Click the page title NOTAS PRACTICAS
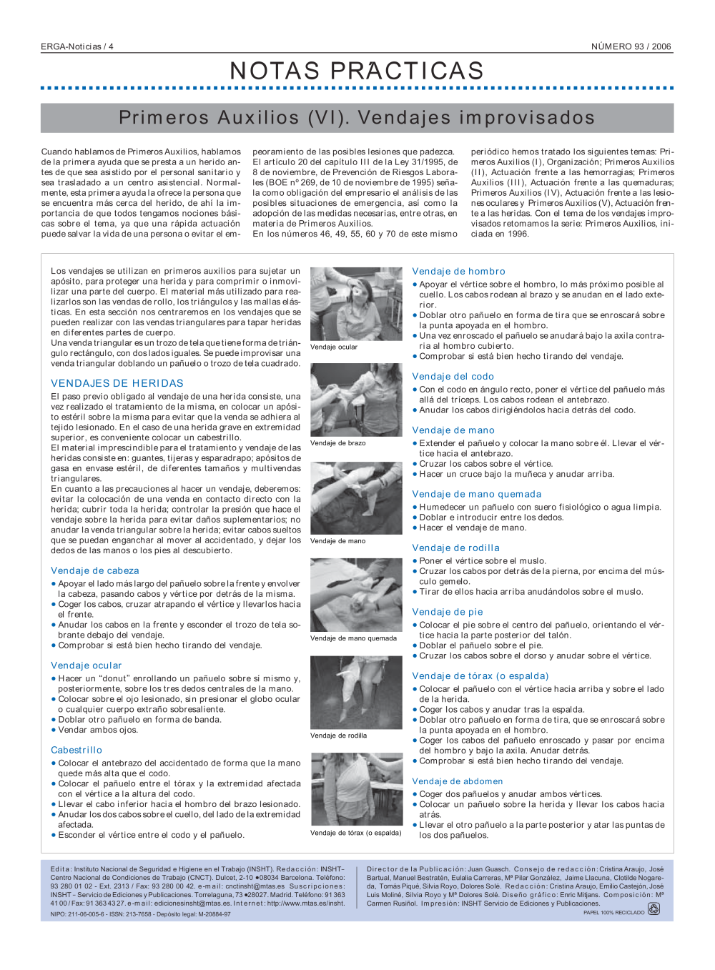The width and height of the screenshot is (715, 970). pos(357,71)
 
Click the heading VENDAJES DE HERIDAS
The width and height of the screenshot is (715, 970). pos(117,383)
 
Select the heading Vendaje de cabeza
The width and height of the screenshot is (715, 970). pos(95,570)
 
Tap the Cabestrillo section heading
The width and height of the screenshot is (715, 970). pos(77,750)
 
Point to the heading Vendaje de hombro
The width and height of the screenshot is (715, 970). pos(458,271)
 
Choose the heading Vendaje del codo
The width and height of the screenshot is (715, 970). pos(453,376)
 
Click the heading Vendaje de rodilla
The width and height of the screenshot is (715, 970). pos(455,548)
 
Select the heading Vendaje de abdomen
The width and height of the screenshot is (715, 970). pos(457,781)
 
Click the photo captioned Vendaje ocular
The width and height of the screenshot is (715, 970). pos(356,304)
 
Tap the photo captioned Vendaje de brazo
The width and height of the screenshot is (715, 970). pos(356,400)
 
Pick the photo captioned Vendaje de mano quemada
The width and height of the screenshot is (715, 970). pos(356,595)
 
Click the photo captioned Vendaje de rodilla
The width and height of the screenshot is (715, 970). pos(356,692)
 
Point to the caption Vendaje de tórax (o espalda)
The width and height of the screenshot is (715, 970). pos(355,833)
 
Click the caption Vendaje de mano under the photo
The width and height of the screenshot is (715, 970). pos(337,541)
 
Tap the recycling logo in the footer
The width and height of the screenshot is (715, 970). pos(654,909)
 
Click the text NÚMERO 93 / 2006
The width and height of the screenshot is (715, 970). pos(631,46)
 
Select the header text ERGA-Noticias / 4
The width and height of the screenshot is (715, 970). pos(77,46)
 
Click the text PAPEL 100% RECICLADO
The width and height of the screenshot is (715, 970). pos(613,913)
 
